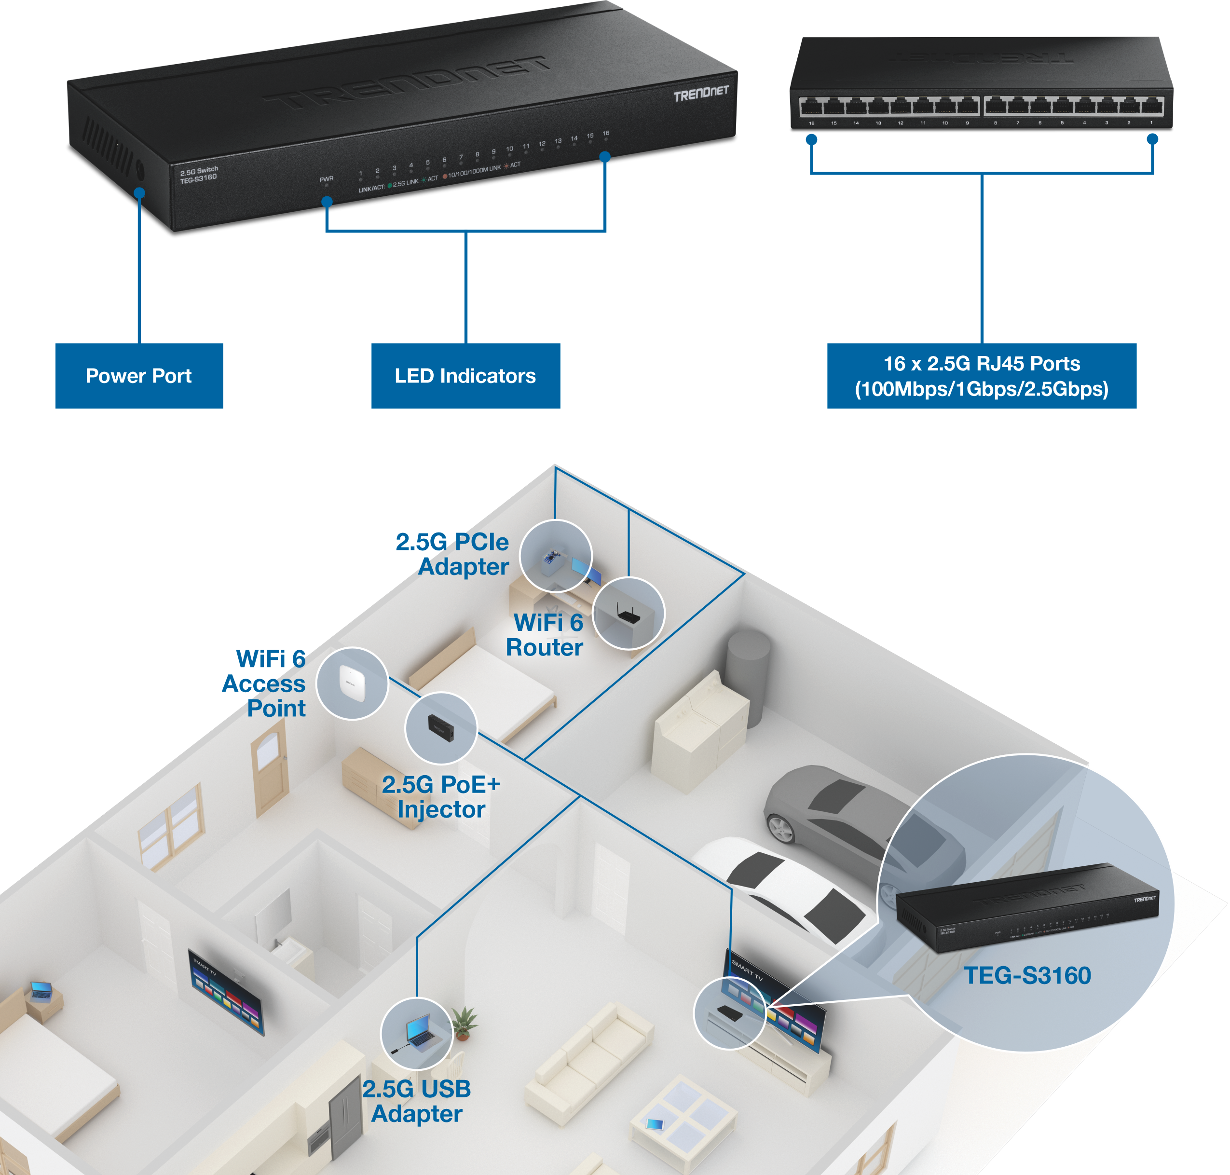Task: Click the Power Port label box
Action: click(139, 375)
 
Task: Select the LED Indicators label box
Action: click(465, 375)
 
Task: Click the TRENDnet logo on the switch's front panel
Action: click(701, 93)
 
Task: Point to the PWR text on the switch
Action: click(326, 179)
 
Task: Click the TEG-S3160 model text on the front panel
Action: click(199, 177)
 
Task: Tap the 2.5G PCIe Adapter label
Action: click(452, 554)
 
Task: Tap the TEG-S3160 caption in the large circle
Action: click(1026, 975)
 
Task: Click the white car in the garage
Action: click(783, 883)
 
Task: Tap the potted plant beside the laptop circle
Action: click(464, 1022)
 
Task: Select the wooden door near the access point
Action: click(269, 774)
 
